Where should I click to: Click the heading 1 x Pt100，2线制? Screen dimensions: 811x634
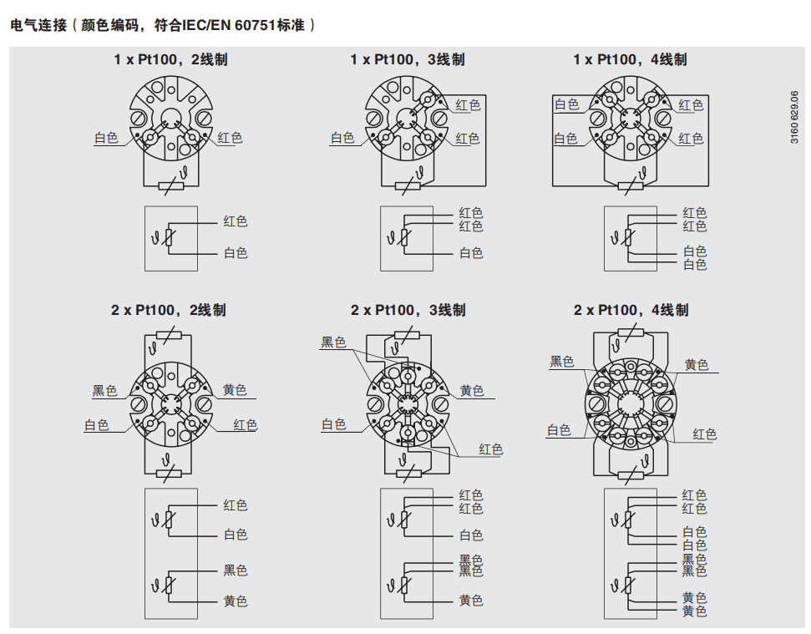point(170,59)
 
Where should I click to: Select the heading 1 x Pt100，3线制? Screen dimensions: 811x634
point(408,59)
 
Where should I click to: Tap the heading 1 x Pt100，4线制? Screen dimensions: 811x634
point(630,59)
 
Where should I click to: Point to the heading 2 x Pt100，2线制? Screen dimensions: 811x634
point(169,310)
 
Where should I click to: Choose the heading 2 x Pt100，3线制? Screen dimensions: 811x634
point(408,310)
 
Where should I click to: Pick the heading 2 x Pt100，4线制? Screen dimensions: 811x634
point(631,310)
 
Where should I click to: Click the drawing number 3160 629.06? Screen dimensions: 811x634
point(794,118)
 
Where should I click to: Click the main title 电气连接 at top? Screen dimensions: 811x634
point(38,25)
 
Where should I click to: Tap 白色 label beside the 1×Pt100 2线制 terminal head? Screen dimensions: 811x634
point(106,138)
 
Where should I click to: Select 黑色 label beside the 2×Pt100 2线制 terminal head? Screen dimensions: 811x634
point(104,390)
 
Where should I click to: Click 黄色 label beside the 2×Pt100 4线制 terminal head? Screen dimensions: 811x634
point(697,364)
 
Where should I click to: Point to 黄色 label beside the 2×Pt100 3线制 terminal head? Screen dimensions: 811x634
point(472,390)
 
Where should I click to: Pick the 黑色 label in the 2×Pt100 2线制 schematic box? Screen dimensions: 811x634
point(236,571)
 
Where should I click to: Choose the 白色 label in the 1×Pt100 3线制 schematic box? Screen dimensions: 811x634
point(471,253)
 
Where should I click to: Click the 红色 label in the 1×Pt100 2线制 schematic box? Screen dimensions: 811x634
point(236,221)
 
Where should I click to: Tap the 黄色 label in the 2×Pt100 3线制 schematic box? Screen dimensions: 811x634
point(471,601)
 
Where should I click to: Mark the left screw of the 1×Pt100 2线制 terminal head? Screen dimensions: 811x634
point(138,119)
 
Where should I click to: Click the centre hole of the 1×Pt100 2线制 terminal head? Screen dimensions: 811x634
point(170,118)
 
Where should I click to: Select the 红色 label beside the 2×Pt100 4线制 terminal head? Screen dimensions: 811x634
point(704,434)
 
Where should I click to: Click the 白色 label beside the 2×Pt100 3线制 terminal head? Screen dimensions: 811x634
point(333,424)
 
